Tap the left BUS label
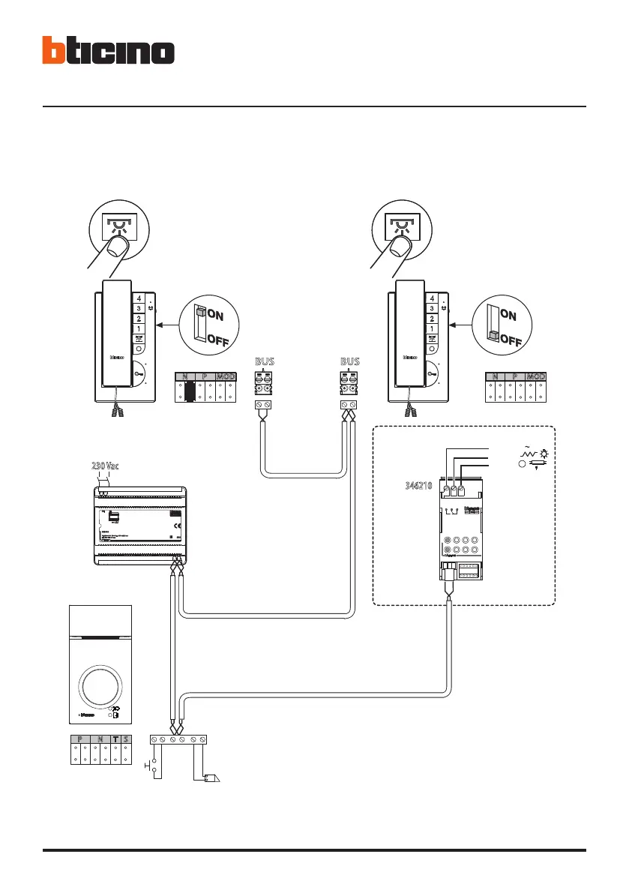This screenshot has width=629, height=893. coord(265,362)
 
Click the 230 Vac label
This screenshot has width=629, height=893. coord(106,466)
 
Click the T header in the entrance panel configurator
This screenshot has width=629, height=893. coord(115,740)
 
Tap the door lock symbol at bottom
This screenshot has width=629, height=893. coord(211,778)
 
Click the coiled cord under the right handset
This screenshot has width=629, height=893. coord(411,409)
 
